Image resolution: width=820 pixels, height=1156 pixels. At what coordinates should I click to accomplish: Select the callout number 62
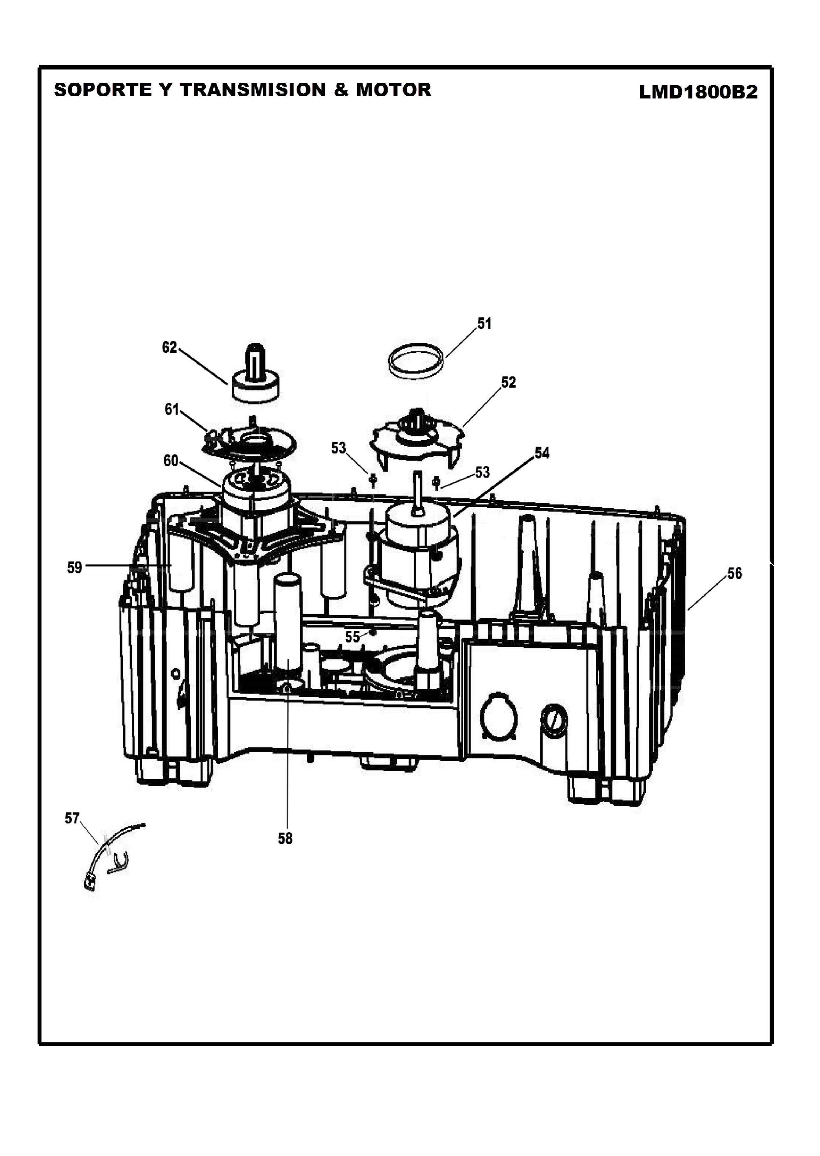pyautogui.click(x=169, y=347)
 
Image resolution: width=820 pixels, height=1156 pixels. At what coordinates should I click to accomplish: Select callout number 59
pyautogui.click(x=75, y=568)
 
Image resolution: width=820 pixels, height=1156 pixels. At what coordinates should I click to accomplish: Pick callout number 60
pyautogui.click(x=171, y=460)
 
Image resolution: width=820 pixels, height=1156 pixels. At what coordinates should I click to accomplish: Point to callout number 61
pyautogui.click(x=172, y=409)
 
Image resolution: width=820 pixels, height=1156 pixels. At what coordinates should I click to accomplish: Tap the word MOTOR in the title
pyautogui.click(x=394, y=90)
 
